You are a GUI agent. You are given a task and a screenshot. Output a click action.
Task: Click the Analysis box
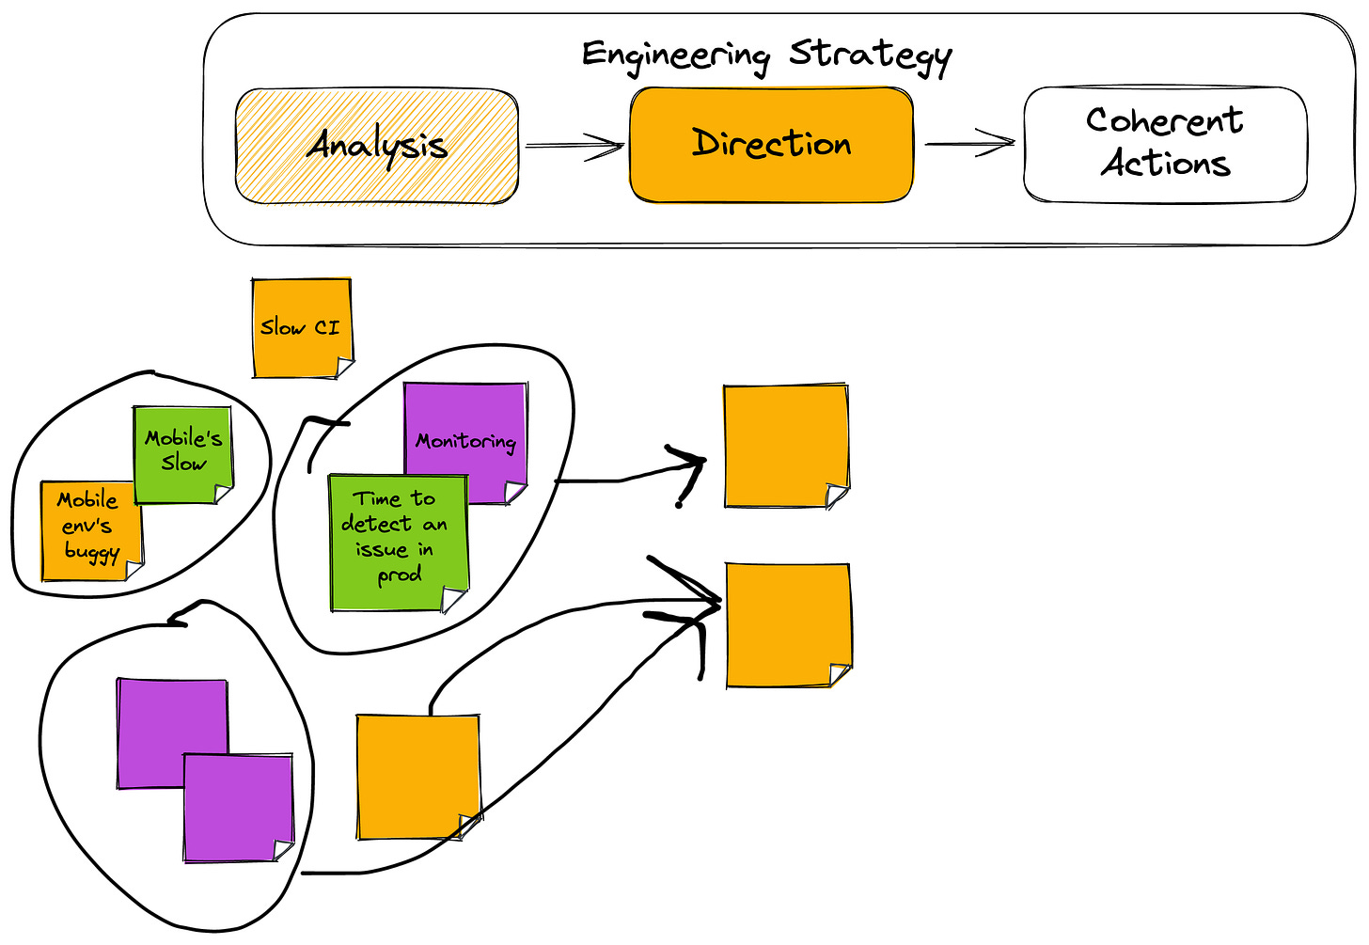[x=376, y=146]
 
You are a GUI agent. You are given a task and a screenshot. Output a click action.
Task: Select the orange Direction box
[x=771, y=144]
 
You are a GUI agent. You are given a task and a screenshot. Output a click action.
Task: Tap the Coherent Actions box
[x=1164, y=144]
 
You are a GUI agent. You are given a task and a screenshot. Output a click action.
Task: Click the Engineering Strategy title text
[x=766, y=54]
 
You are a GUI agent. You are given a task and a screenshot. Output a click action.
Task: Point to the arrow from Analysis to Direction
[x=574, y=146]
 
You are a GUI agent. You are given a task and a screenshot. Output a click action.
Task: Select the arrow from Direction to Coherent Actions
[x=969, y=144]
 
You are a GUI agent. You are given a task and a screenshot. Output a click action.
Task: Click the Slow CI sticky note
[x=301, y=327]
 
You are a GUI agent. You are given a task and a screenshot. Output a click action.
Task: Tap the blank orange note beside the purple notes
[x=417, y=776]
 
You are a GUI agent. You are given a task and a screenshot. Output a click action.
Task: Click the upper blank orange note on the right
[x=785, y=446]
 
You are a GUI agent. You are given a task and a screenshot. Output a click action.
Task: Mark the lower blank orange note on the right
[x=788, y=625]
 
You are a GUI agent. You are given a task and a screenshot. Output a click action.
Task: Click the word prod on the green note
[x=400, y=575]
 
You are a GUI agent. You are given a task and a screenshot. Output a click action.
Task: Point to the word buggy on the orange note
[x=91, y=551]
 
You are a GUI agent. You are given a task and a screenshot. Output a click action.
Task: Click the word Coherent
[x=1164, y=120]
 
